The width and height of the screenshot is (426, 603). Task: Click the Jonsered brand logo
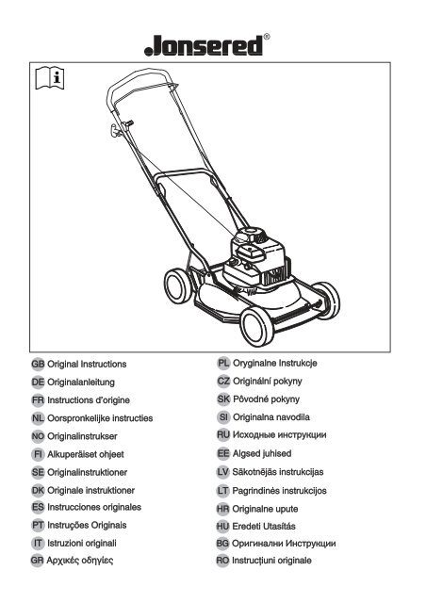tap(204, 46)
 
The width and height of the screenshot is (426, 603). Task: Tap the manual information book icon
tap(50, 77)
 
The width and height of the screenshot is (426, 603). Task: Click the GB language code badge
tap(38, 364)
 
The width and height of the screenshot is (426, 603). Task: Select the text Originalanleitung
tap(81, 383)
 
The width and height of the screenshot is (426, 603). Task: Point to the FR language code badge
tap(38, 399)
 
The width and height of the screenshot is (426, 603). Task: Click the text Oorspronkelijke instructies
tap(100, 418)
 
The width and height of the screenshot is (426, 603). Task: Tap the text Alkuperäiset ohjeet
tap(86, 454)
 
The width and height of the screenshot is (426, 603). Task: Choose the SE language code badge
tap(38, 472)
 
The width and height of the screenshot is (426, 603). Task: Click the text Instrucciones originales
tap(94, 507)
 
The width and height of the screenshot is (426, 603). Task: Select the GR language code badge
tap(38, 561)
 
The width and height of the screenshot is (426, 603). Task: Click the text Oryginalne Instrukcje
tap(275, 363)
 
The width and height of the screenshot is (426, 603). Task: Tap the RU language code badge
tap(223, 435)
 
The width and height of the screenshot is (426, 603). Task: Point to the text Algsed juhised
tap(262, 454)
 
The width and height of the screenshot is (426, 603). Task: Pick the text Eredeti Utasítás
tap(264, 526)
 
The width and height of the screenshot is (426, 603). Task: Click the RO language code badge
tap(222, 561)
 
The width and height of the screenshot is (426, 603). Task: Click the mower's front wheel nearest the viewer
tap(257, 326)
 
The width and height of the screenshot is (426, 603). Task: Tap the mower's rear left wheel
tap(178, 285)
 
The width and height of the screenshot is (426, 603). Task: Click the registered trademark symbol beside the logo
tap(267, 37)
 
